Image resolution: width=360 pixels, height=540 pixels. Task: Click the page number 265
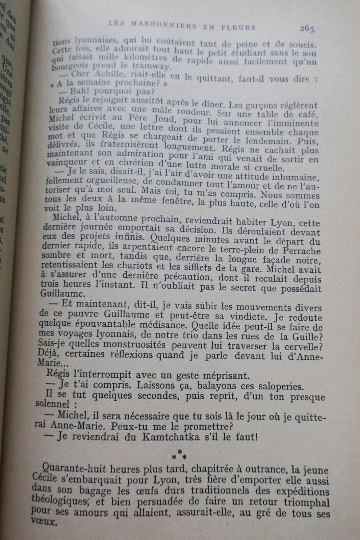pos(307,29)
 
